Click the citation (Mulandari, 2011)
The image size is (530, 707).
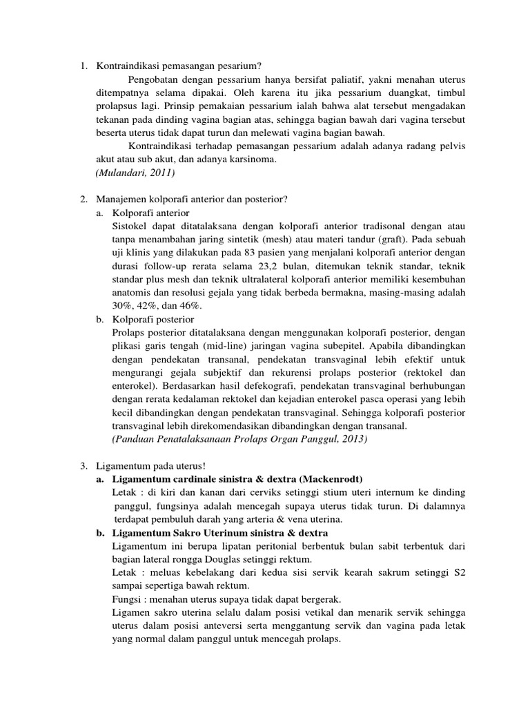coord(135,173)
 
